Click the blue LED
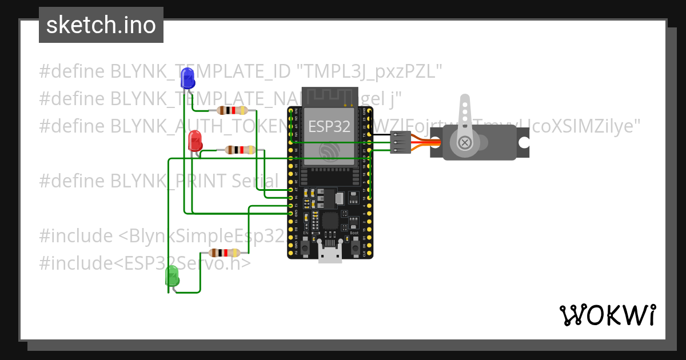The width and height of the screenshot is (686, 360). click(x=187, y=78)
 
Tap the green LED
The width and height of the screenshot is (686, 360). click(x=171, y=277)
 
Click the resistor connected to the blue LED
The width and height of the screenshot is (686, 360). click(x=231, y=110)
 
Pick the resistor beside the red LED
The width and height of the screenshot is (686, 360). click(x=240, y=150)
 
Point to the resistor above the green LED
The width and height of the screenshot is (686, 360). click(x=225, y=253)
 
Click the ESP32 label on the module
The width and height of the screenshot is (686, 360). click(x=329, y=127)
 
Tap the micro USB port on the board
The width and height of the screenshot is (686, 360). click(x=330, y=254)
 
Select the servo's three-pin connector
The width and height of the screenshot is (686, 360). click(x=400, y=142)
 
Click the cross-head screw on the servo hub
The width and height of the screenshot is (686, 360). click(x=465, y=142)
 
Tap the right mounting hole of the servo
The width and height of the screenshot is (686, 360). click(x=523, y=142)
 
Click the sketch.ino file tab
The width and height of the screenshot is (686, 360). click(x=101, y=25)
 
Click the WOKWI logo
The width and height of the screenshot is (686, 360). click(x=607, y=315)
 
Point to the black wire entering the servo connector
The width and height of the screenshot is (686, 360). click(x=380, y=135)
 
